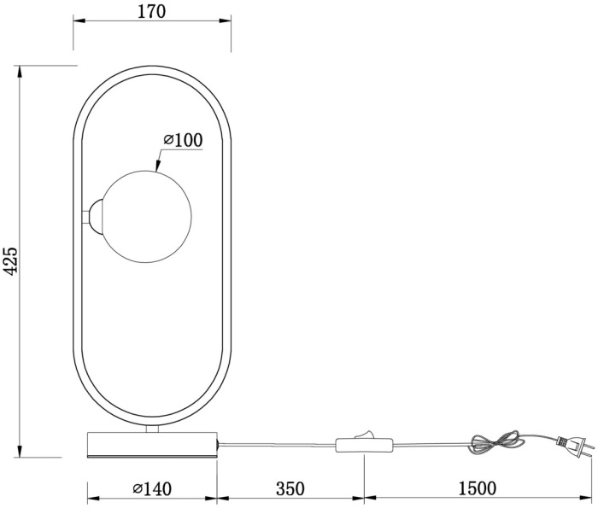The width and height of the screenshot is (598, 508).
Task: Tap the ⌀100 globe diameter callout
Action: (x=182, y=139)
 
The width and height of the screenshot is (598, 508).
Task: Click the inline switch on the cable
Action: (x=365, y=444)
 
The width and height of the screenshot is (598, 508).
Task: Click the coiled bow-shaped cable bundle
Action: (x=497, y=441)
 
